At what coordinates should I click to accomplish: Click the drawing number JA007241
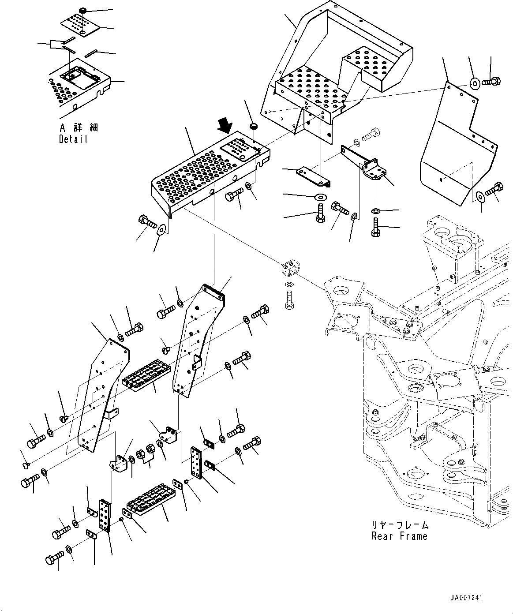click(x=466, y=598)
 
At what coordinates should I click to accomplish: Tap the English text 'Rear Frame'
click(x=399, y=536)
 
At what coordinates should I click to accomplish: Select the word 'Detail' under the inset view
click(x=73, y=139)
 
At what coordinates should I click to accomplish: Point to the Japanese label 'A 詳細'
click(x=78, y=128)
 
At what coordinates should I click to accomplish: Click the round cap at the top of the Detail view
click(x=82, y=10)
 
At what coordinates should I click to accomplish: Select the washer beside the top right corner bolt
click(x=475, y=82)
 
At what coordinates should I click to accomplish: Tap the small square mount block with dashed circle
click(x=289, y=268)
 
